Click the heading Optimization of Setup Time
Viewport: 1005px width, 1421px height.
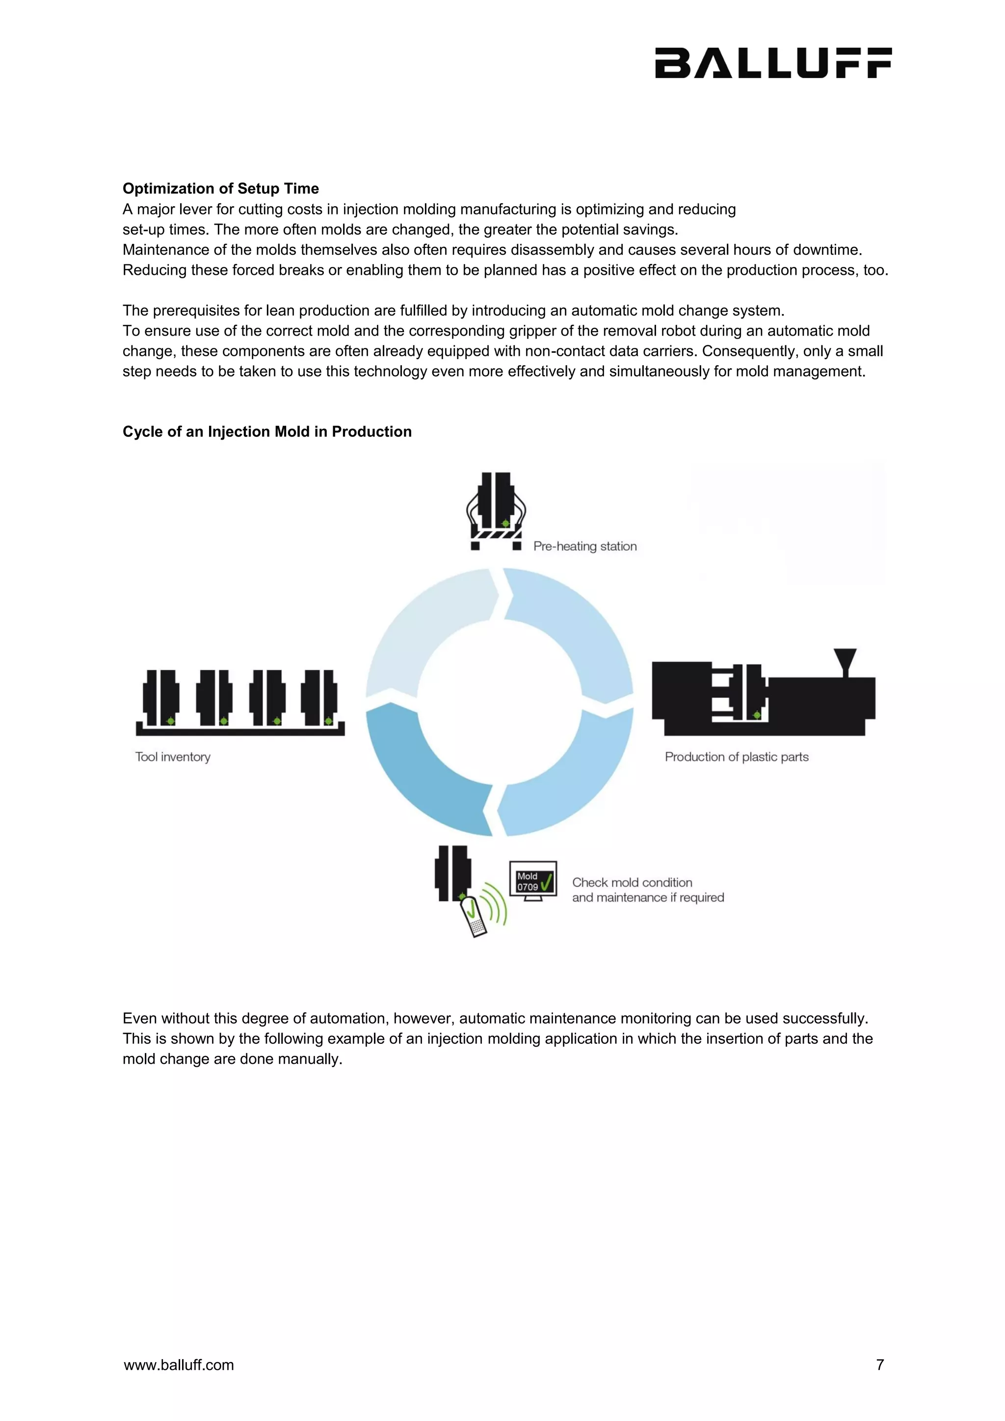pyautogui.click(x=220, y=189)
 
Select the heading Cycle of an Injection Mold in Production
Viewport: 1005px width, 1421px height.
pyautogui.click(x=267, y=431)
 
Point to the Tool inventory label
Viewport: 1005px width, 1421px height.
pyautogui.click(x=173, y=757)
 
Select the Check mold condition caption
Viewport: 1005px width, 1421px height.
pyautogui.click(x=647, y=890)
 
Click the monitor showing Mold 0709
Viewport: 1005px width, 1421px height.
pyautogui.click(x=533, y=881)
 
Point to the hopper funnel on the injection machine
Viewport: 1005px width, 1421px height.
pyautogui.click(x=845, y=661)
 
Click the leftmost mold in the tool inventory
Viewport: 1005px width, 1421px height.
pyautogui.click(x=161, y=698)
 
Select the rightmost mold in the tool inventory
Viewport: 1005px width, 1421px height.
pyautogui.click(x=319, y=698)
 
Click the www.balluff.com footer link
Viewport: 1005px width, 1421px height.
pyautogui.click(x=179, y=1365)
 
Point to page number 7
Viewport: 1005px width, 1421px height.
pyautogui.click(x=879, y=1365)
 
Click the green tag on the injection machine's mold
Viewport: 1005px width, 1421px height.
pyautogui.click(x=757, y=715)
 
